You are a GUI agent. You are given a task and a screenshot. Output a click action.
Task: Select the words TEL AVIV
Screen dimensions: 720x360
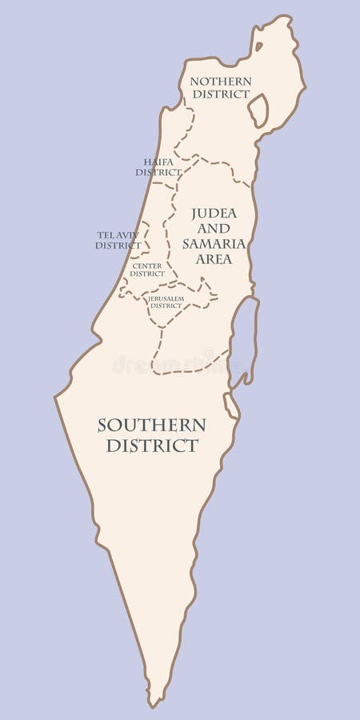point(118,234)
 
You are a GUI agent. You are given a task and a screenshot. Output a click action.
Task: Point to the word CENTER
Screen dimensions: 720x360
point(147,266)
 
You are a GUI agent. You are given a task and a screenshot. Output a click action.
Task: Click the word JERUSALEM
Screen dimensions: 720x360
point(166,298)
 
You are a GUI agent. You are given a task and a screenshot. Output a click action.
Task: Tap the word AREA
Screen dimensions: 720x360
point(214,259)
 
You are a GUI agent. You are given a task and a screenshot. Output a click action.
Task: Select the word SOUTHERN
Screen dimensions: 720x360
point(152,425)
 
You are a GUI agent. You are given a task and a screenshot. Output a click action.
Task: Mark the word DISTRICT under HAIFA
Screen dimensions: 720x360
point(158,172)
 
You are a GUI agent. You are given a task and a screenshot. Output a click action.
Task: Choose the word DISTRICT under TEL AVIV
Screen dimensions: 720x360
point(118,245)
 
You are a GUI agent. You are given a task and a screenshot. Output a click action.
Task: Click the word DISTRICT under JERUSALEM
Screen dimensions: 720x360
point(166,306)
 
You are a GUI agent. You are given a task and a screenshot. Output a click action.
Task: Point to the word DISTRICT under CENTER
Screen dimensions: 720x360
point(147,274)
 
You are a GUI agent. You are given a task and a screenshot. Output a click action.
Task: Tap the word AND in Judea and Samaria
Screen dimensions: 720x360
point(214,229)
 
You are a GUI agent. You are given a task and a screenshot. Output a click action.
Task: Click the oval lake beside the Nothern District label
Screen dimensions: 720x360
point(258,110)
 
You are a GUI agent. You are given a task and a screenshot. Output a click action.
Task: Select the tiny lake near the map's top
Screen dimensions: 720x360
point(258,46)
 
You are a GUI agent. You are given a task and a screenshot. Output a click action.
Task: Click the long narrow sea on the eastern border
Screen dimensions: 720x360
point(246,336)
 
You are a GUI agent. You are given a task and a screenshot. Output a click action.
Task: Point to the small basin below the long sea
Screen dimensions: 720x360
point(230,405)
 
